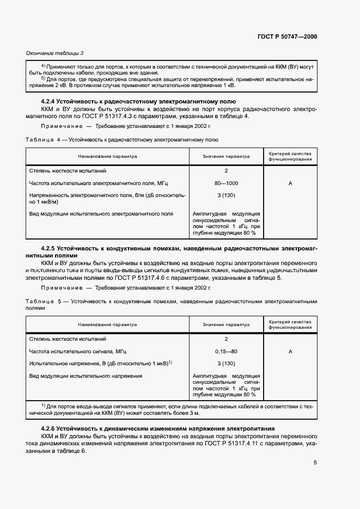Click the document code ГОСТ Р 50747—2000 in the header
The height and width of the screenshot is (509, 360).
[x=287, y=36]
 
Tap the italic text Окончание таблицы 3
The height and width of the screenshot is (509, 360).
[x=55, y=53]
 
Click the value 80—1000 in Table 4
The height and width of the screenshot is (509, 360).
[x=226, y=183]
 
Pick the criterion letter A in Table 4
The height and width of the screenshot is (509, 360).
[x=290, y=183]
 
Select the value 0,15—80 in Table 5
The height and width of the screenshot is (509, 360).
[x=226, y=351]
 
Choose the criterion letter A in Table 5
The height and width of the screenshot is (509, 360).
[x=290, y=351]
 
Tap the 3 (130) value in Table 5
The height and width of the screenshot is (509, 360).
[x=226, y=363]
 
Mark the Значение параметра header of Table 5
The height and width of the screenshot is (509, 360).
[x=226, y=324]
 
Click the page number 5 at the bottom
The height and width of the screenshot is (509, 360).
[x=315, y=463]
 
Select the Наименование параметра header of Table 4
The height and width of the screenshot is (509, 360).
[x=107, y=157]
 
